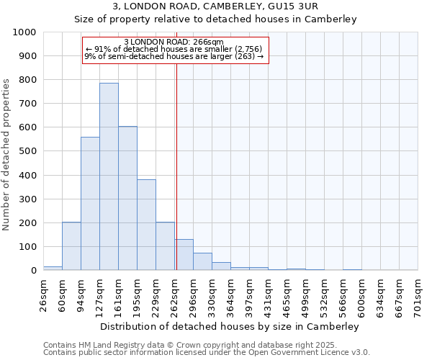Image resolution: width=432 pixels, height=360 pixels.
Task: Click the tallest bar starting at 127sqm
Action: click(x=109, y=176)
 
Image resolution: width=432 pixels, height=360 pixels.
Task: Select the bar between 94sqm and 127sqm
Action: click(x=90, y=204)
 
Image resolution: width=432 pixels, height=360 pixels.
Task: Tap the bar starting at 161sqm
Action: click(x=127, y=198)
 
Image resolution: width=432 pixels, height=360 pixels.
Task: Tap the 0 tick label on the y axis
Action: click(x=34, y=271)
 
